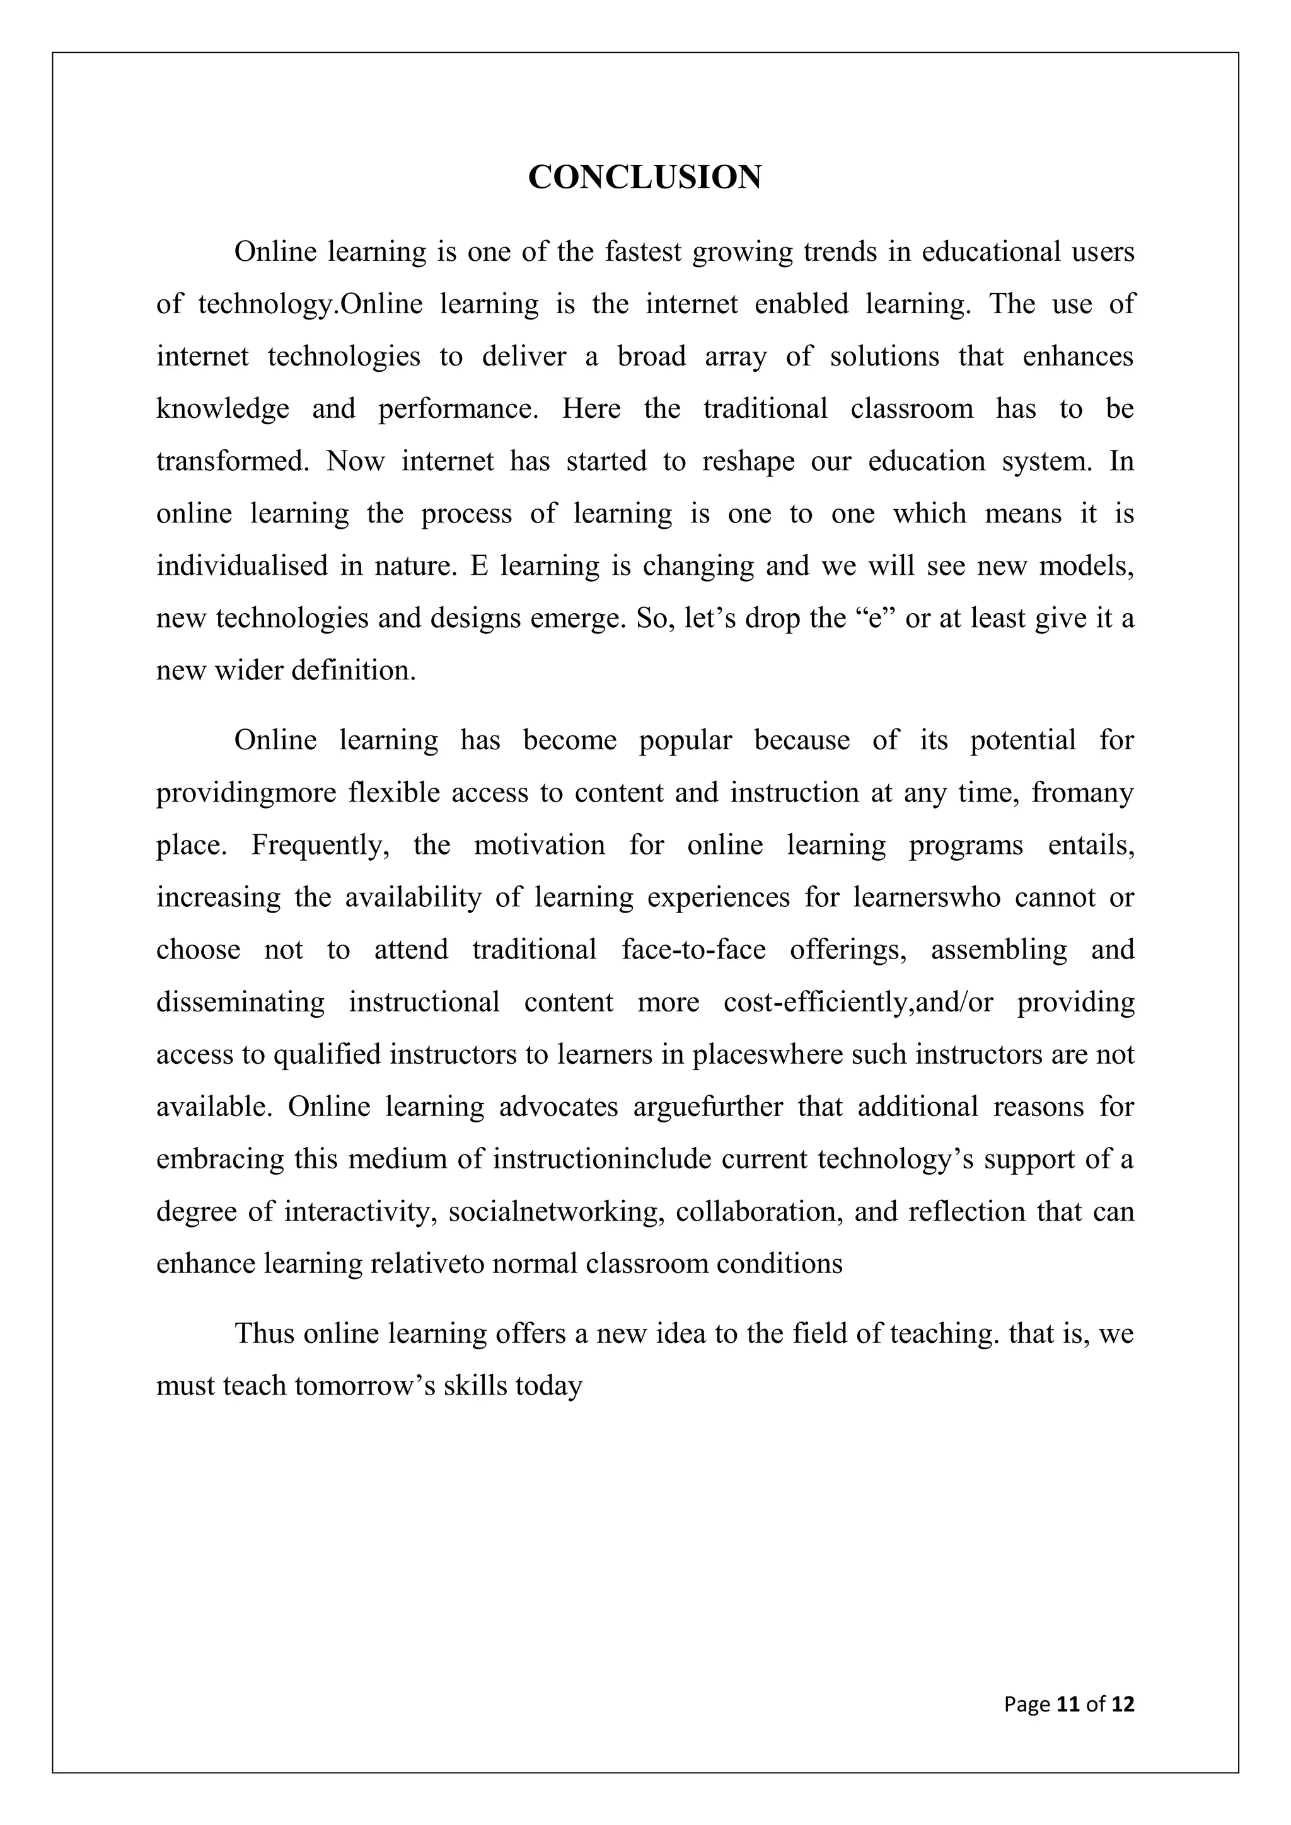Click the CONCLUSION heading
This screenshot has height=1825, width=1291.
(x=645, y=177)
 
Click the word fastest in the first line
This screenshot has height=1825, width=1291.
(x=643, y=252)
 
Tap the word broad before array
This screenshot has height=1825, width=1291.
(x=651, y=356)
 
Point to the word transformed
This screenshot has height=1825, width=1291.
(x=232, y=461)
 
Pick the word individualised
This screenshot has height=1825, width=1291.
(x=241, y=566)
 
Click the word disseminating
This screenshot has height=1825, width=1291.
(x=240, y=1003)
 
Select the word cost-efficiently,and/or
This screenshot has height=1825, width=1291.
(x=858, y=1003)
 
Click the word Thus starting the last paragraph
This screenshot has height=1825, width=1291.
(x=265, y=1333)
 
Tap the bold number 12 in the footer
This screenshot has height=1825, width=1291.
(x=1123, y=1704)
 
